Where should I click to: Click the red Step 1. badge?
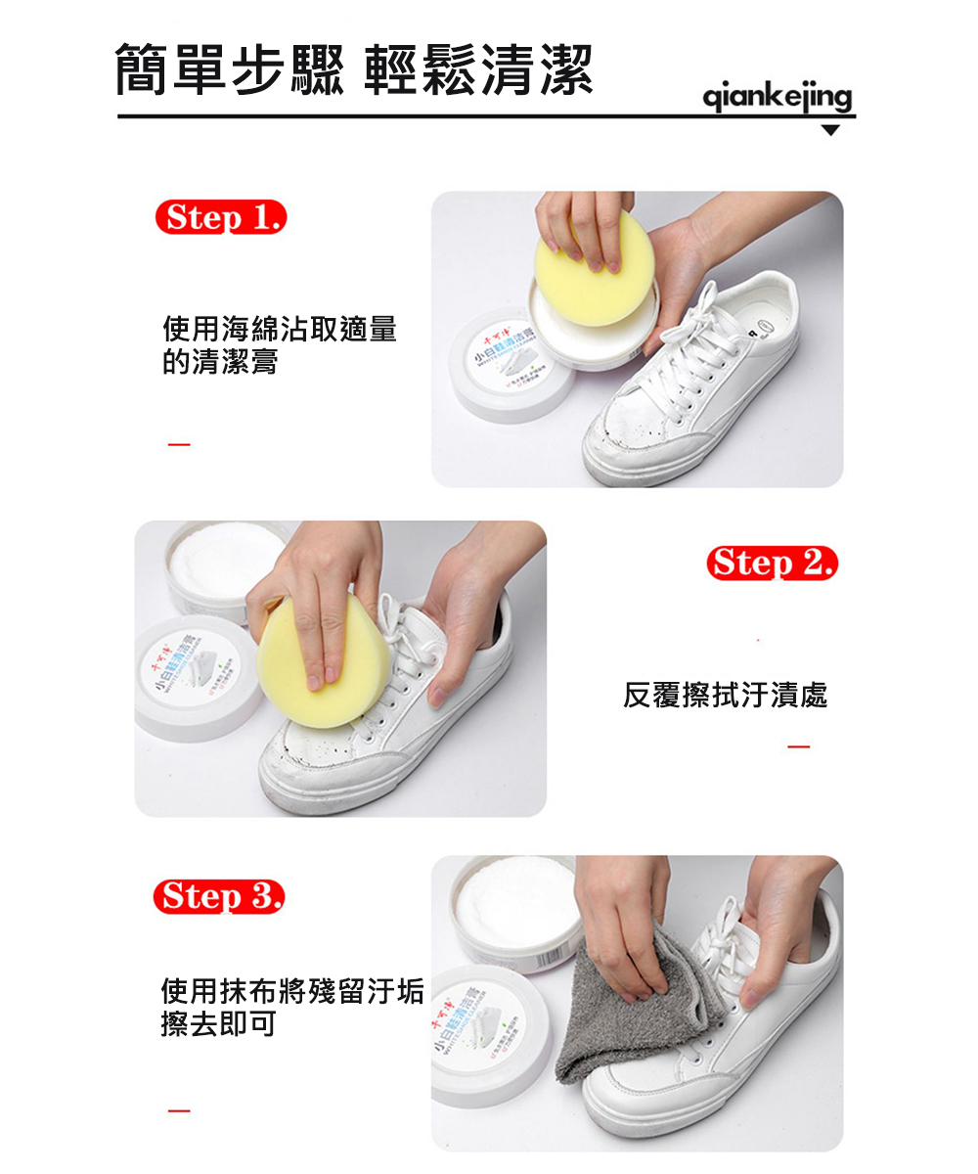pos(220,216)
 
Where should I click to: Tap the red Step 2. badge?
pos(772,564)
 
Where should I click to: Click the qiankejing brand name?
pos(778,97)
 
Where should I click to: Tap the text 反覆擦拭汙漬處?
pos(725,696)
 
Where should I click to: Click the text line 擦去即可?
pos(218,1024)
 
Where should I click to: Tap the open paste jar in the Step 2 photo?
pos(220,567)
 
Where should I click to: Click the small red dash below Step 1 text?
pos(178,445)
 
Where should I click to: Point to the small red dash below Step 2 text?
pos(799,748)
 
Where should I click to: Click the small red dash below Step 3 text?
pos(178,1110)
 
